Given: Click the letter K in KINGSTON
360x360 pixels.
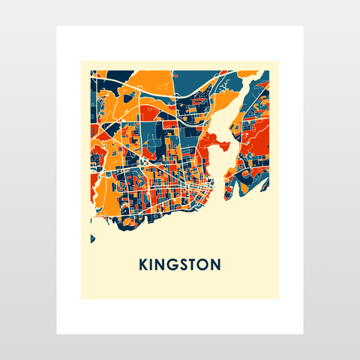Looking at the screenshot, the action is (144, 265).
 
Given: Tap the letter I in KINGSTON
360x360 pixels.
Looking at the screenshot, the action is (154, 265).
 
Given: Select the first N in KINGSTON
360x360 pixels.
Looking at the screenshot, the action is (163, 265).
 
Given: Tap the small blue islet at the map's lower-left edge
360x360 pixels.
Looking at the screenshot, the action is (92, 239).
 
